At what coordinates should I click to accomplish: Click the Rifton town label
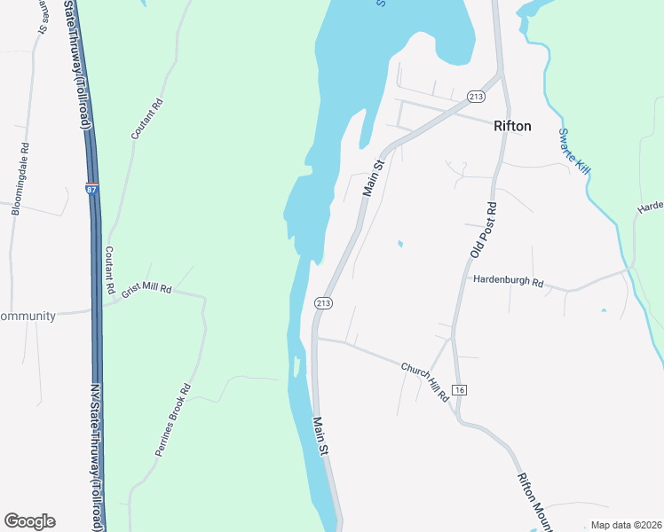(x=512, y=127)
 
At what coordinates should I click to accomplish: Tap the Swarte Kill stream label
(x=573, y=152)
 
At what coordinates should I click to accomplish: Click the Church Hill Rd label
(x=426, y=380)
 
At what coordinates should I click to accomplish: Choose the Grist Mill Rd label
(x=146, y=291)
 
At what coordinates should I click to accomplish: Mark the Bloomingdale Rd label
(x=20, y=179)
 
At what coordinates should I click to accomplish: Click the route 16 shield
(x=458, y=390)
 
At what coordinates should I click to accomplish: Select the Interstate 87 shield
(x=92, y=189)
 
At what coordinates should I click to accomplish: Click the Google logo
(x=29, y=521)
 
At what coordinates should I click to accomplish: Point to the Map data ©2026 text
(x=627, y=525)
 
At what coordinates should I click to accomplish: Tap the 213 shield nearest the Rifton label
(x=476, y=96)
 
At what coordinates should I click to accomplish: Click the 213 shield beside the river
(x=322, y=303)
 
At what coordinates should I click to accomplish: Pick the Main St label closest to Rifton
(x=373, y=178)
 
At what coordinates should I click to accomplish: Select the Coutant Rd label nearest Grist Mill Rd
(x=110, y=270)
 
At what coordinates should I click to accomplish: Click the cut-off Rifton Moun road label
(x=534, y=500)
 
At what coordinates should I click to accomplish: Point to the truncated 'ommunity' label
(x=28, y=317)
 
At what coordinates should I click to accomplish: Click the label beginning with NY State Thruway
(x=98, y=457)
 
